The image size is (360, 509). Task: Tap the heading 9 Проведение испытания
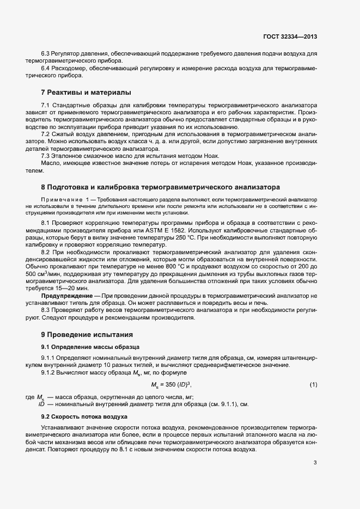(x=87, y=334)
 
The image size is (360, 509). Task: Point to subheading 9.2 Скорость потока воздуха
(x=84, y=416)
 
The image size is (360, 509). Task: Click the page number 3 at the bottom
(x=315, y=463)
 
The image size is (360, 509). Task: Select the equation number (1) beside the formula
(x=313, y=385)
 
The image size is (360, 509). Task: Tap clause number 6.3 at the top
(x=45, y=54)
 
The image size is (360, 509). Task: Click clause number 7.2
(x=45, y=134)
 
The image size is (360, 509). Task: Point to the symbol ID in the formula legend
(x=41, y=404)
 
